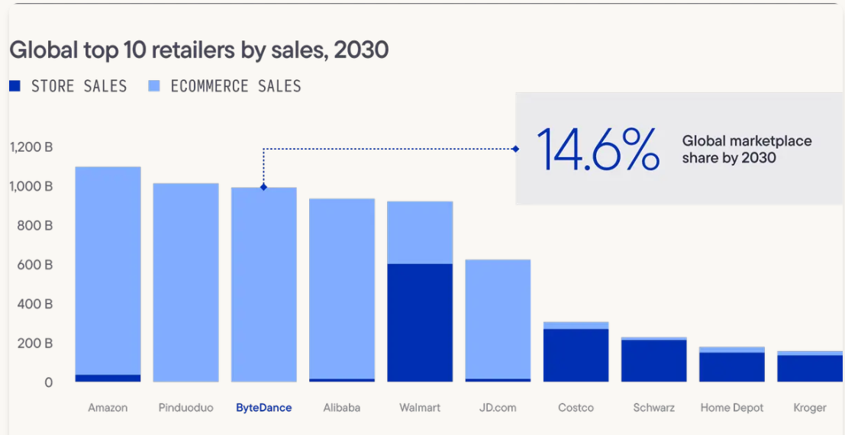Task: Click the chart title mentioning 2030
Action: pyautogui.click(x=198, y=50)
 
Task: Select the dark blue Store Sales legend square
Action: pyautogui.click(x=15, y=86)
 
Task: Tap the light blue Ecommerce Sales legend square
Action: pyautogui.click(x=153, y=86)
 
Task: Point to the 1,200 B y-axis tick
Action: pyautogui.click(x=31, y=147)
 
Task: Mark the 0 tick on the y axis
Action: pyautogui.click(x=48, y=382)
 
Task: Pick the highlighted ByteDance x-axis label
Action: pyautogui.click(x=263, y=408)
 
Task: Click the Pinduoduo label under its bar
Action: pyautogui.click(x=185, y=408)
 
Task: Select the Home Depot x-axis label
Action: pyautogui.click(x=732, y=408)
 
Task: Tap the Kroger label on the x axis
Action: pyautogui.click(x=810, y=408)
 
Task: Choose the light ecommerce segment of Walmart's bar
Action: pyautogui.click(x=420, y=233)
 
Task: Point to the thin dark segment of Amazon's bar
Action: pyautogui.click(x=108, y=378)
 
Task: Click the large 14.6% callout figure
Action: pyautogui.click(x=597, y=150)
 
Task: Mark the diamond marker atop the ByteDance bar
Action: pyautogui.click(x=263, y=187)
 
